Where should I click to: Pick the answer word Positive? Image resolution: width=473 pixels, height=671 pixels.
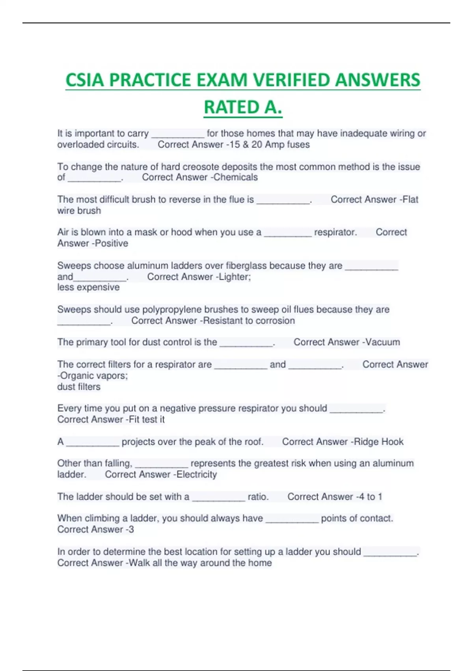[x=112, y=243]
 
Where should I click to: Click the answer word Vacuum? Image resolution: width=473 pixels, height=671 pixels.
[x=383, y=342]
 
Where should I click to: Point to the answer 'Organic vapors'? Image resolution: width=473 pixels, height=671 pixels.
[x=94, y=375]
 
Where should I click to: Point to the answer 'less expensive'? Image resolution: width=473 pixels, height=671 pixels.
[x=88, y=287]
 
